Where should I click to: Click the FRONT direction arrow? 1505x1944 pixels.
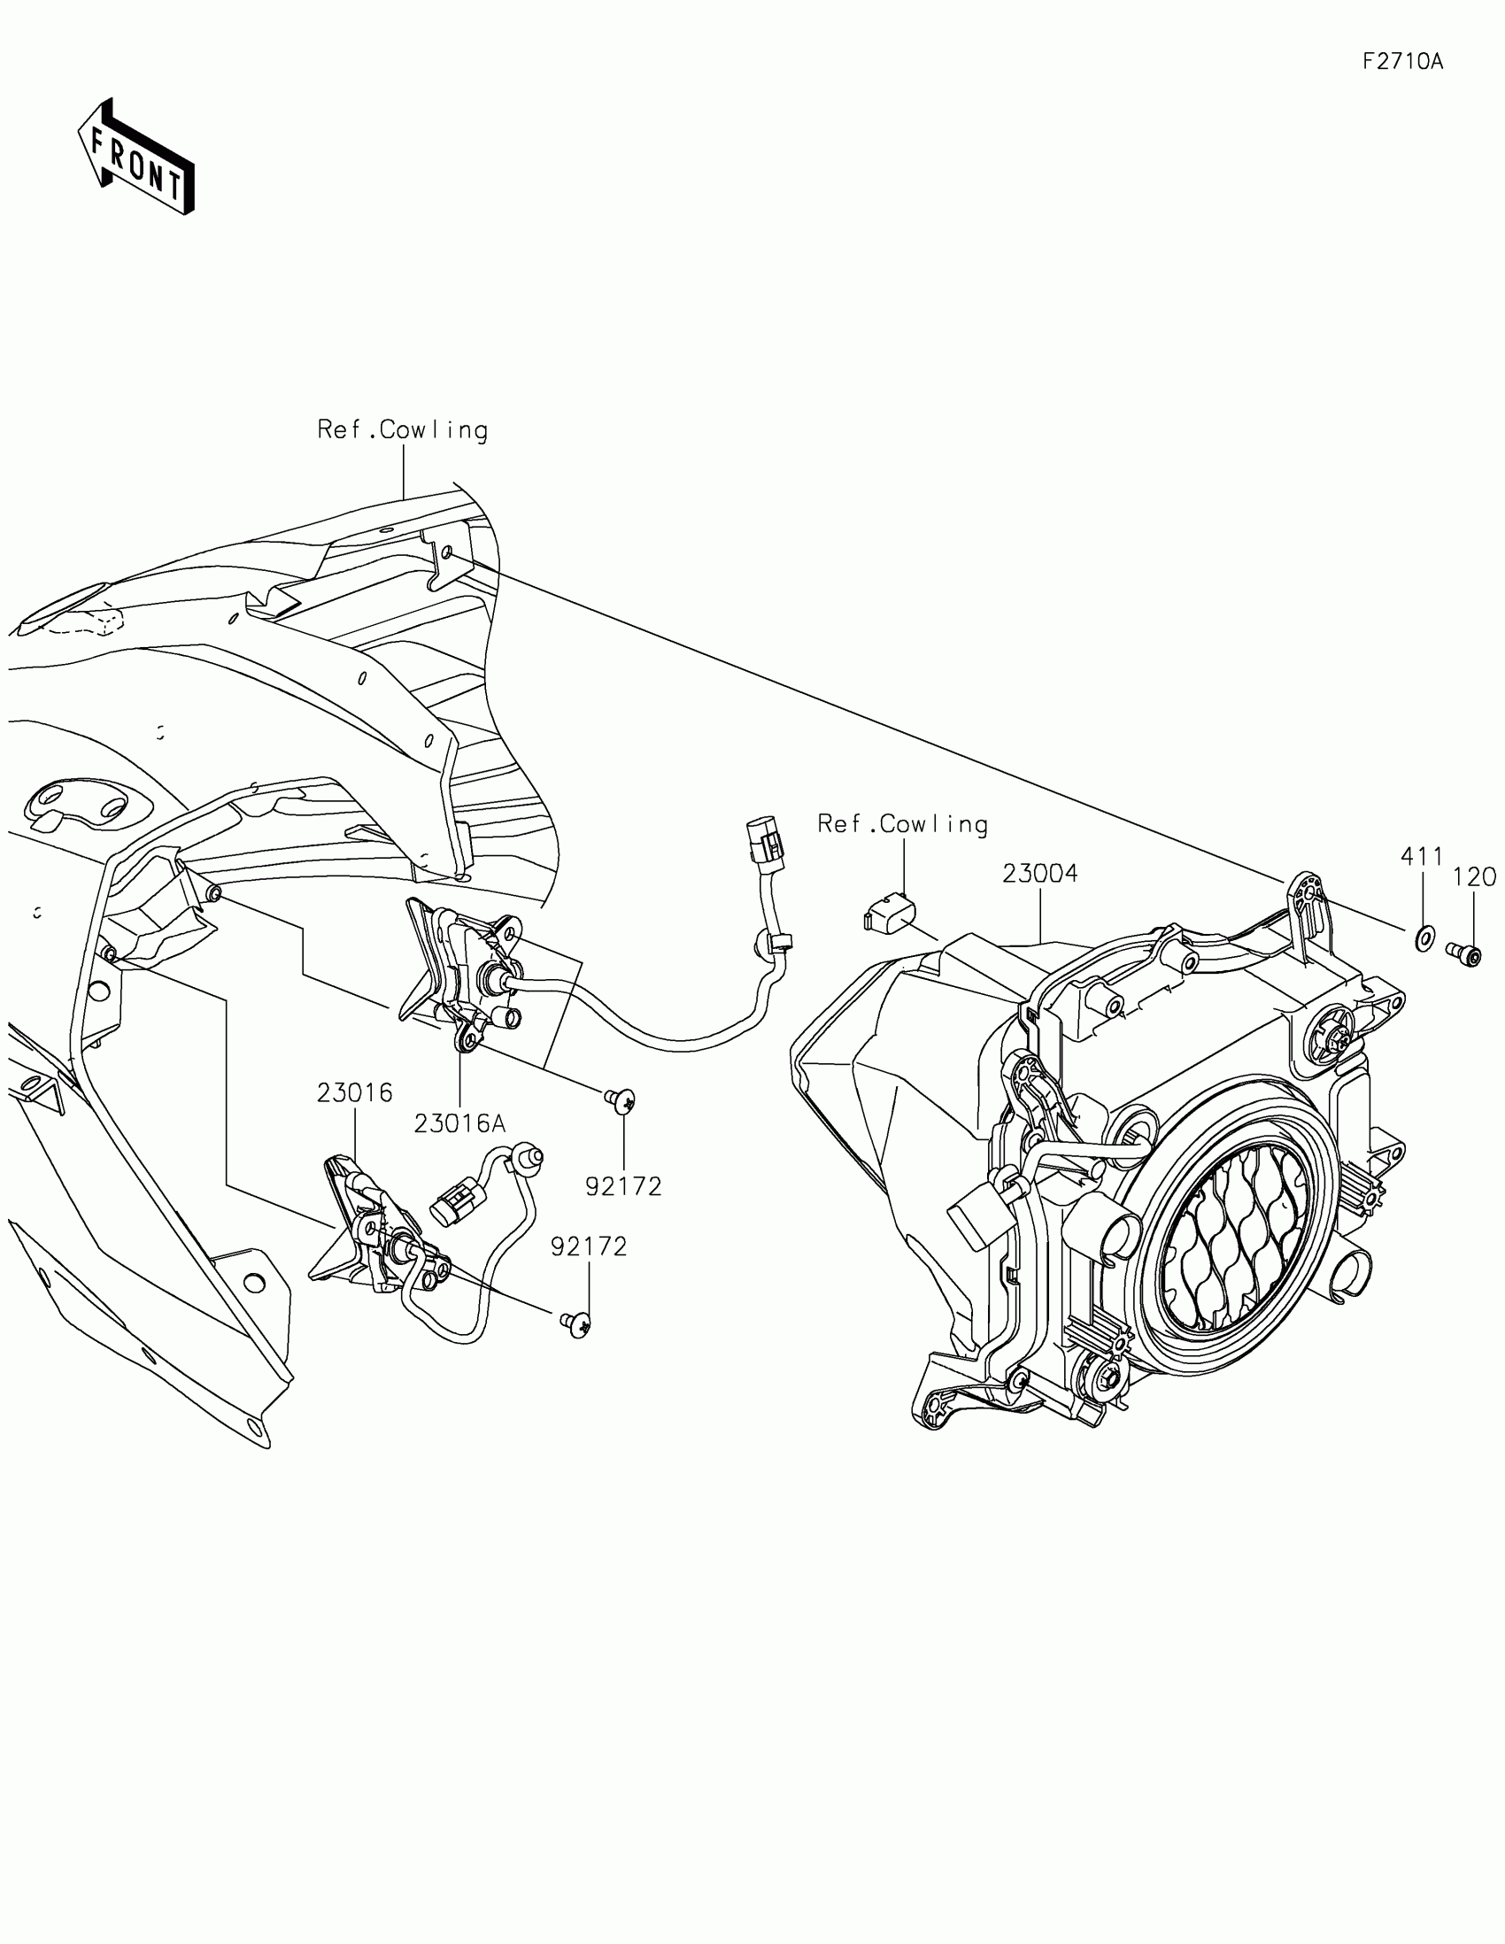pos(136,157)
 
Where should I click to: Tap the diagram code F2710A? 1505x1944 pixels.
pos(1402,61)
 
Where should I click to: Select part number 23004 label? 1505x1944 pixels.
pos(1039,874)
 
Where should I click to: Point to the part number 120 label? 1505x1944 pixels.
pos(1475,876)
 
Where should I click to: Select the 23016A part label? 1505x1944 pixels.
pos(459,1124)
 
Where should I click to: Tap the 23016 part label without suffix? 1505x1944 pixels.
pos(354,1092)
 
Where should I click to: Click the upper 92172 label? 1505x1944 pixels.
pos(623,1185)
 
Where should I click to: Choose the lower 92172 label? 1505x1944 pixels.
pos(589,1247)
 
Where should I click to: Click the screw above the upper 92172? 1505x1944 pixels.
pos(621,1101)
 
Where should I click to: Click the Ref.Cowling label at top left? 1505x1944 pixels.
pos(402,430)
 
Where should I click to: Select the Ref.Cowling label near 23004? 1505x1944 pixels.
pos(902,824)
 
